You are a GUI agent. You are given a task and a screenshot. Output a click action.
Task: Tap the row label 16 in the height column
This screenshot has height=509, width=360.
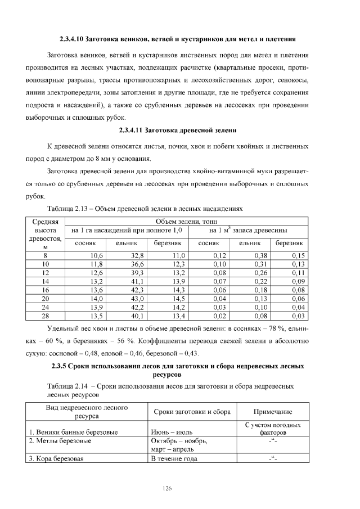click(46, 290)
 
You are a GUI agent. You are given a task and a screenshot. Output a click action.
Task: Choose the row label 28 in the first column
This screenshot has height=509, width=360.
click(46, 315)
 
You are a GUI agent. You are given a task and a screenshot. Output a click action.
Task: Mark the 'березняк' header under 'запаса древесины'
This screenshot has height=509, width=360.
click(289, 243)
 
